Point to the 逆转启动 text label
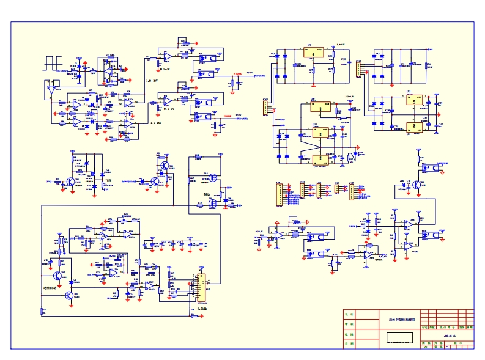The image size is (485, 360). coord(50,287)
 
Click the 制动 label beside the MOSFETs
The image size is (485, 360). coord(207,193)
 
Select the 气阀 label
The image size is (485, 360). coord(108,180)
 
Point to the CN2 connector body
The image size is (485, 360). coord(360,70)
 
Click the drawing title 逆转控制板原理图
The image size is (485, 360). coord(402,319)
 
